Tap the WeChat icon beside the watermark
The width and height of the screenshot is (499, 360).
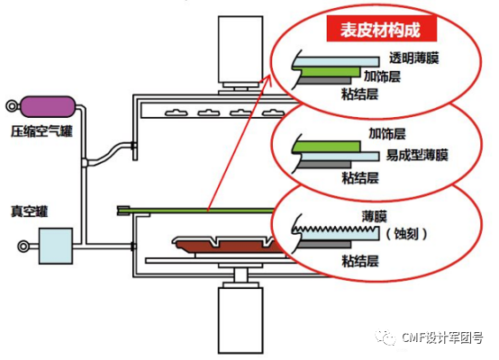point(388,337)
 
